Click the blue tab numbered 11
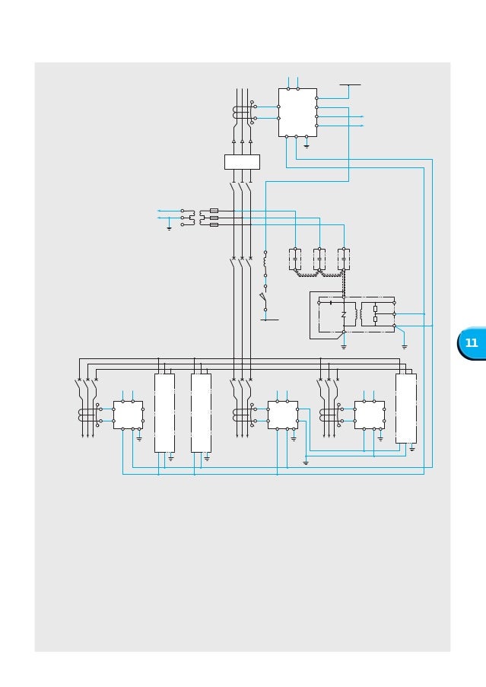472,343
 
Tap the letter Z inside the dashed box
344,314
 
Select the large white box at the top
297,113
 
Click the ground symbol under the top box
307,145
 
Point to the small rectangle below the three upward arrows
242,162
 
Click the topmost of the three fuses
214,210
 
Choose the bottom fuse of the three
214,224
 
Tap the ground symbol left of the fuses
169,227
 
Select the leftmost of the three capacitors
295,259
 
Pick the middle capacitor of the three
319,259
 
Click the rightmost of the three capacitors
344,259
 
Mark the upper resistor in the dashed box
375,308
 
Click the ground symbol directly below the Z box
344,346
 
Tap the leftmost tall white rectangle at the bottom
164,412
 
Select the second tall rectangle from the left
201,412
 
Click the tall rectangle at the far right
405,408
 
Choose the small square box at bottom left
128,415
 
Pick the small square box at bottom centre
282,415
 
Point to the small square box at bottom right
369,415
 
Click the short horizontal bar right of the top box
350,85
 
